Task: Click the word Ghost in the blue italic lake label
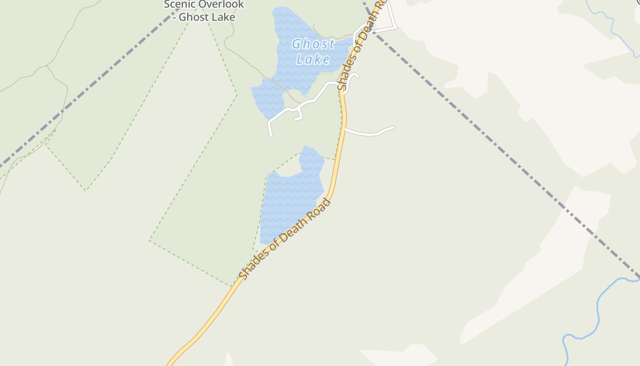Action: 313,44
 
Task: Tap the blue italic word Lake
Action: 313,59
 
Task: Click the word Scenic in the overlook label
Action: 180,5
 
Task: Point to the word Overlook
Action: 222,5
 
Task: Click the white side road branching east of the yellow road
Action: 370,133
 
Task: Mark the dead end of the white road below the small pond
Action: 271,135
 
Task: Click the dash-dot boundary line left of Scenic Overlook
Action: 91,82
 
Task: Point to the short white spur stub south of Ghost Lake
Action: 299,116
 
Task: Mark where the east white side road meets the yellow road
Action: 345,129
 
